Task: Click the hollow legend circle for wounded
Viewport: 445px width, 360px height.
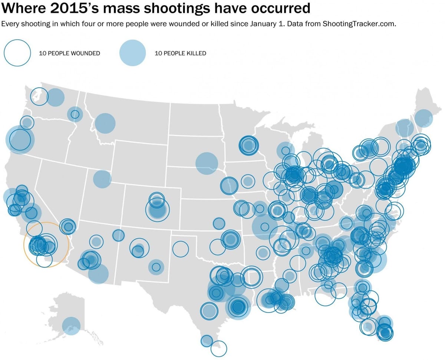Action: pyautogui.click(x=17, y=53)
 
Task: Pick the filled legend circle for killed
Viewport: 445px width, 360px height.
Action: pyautogui.click(x=133, y=53)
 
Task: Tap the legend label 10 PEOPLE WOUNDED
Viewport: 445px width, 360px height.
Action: pyautogui.click(x=69, y=53)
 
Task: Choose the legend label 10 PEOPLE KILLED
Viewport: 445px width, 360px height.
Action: pyautogui.click(x=180, y=53)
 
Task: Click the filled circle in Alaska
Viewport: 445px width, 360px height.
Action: pyautogui.click(x=71, y=326)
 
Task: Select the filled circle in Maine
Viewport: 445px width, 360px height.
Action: pyautogui.click(x=423, y=118)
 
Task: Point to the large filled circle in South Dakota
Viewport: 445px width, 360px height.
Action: pyautogui.click(x=207, y=163)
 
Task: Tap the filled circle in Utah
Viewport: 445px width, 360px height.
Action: pyautogui.click(x=102, y=179)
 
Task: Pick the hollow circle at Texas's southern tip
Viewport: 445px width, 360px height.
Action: pyautogui.click(x=218, y=348)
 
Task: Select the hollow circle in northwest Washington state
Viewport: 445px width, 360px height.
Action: pyautogui.click(x=39, y=96)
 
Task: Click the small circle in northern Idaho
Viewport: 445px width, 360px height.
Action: pyautogui.click(x=75, y=114)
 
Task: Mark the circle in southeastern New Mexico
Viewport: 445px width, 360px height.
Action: pyautogui.click(x=156, y=267)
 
